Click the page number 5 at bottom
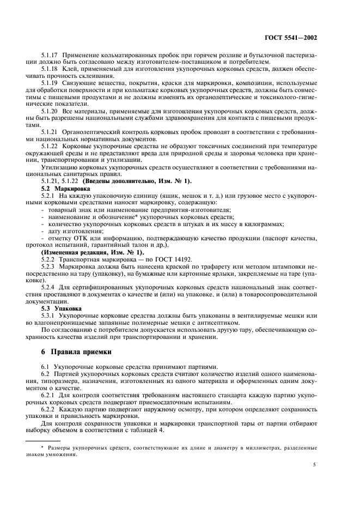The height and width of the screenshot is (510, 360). (x=314, y=465)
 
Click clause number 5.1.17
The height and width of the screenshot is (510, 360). (x=51, y=56)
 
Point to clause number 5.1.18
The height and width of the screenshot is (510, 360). (x=51, y=70)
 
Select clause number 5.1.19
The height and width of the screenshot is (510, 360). (x=51, y=83)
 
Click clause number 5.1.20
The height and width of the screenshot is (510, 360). (x=51, y=111)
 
